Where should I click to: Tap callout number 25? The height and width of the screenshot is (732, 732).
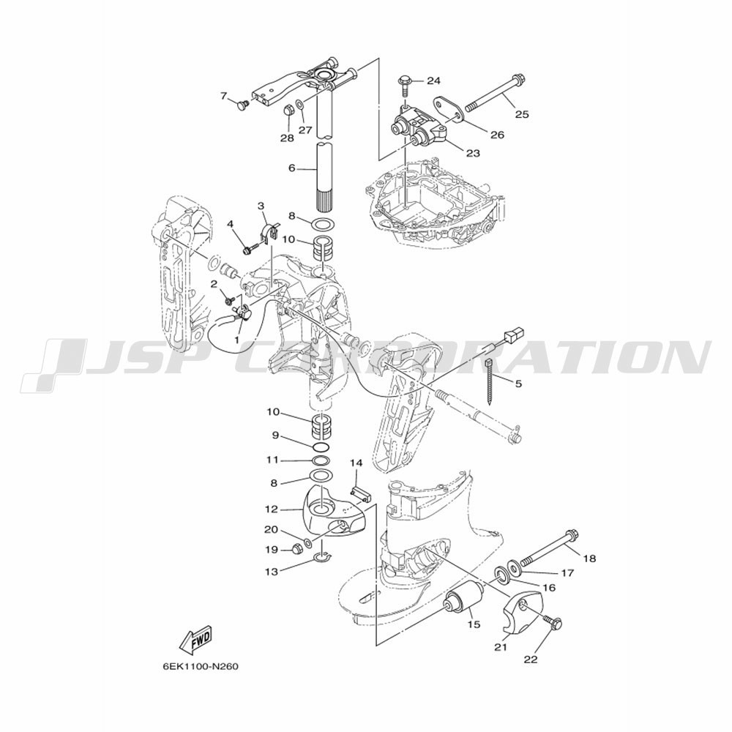click(x=523, y=114)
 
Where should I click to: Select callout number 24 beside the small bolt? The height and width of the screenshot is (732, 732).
click(x=433, y=81)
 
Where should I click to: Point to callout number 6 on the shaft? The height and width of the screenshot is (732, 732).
click(x=292, y=168)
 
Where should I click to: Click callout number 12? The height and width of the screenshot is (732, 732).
click(x=272, y=509)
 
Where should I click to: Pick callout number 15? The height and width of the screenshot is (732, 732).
click(x=474, y=624)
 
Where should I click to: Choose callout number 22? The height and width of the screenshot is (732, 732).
click(x=531, y=660)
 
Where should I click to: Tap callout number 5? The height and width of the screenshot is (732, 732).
click(x=519, y=384)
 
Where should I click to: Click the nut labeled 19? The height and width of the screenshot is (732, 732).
click(x=296, y=549)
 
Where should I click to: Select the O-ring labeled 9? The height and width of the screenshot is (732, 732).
click(x=321, y=447)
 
